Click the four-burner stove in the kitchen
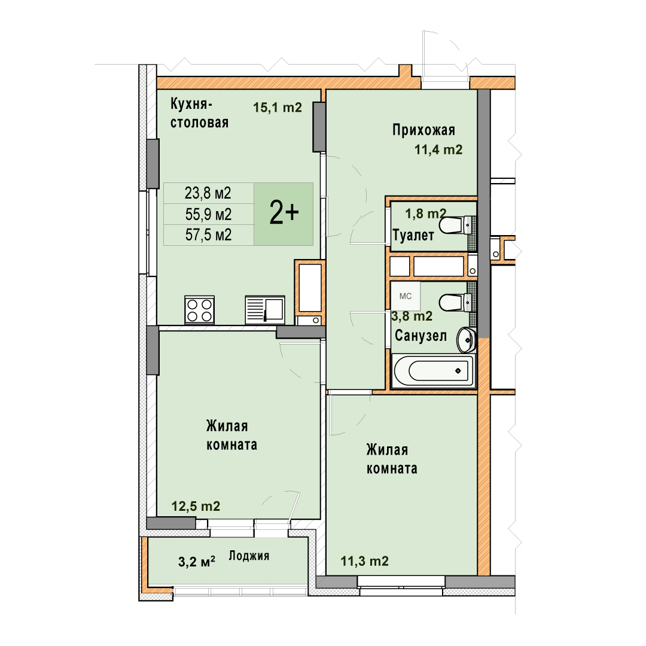pos(199,310)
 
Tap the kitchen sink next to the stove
pos(265,310)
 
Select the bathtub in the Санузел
pos(434,371)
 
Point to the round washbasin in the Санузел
pos(466,340)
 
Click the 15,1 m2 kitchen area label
pos(278,108)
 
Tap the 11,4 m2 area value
pos(438,150)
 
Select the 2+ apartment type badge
pos(284,214)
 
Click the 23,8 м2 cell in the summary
pos(208,193)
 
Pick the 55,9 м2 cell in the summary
pos(208,214)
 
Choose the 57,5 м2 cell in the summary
pos(208,235)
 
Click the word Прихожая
pos(423,130)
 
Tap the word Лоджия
pos(249,556)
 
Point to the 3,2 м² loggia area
pos(197,562)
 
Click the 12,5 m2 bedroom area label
pos(196,506)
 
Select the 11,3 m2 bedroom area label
pos(365,561)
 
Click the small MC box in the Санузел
pos(406,296)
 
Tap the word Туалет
pos(413,235)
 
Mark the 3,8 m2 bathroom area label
pos(412,316)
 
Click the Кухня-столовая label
pos(199,113)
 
